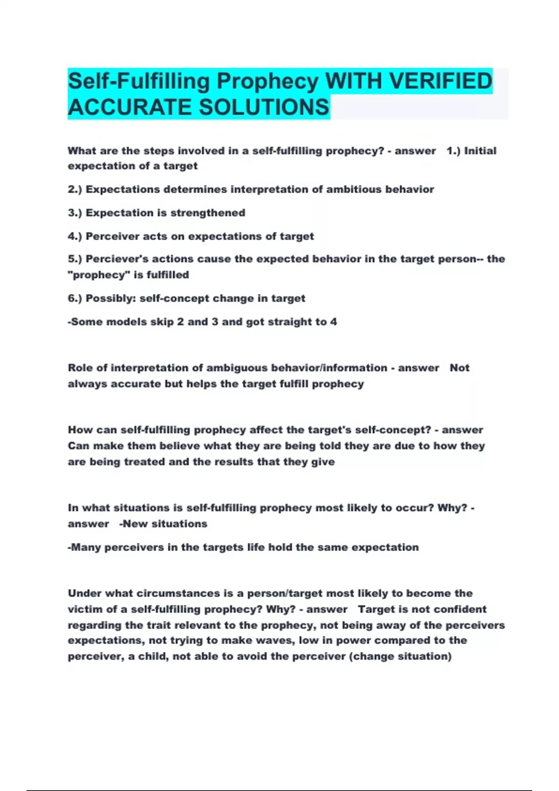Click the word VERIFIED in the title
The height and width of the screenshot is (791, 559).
[441, 81]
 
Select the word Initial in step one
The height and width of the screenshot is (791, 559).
[480, 151]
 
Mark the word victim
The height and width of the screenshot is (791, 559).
[84, 609]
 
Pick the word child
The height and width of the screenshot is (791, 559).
[152, 656]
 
